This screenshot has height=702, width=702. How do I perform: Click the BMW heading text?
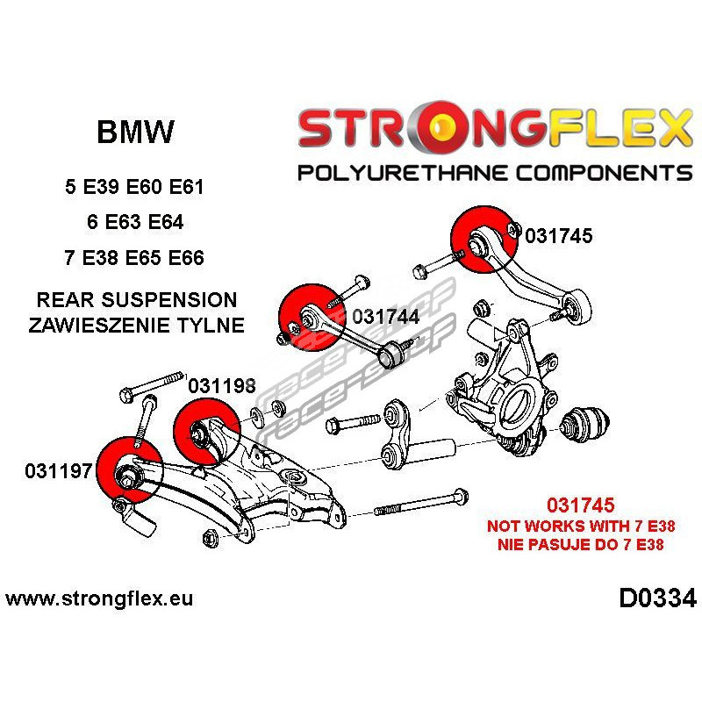tap(134, 133)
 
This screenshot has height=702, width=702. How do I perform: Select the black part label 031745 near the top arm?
tap(559, 235)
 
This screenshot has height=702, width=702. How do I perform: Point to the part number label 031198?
tap(222, 384)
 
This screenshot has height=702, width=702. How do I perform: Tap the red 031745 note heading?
tap(580, 506)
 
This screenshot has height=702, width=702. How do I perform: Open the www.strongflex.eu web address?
tap(99, 600)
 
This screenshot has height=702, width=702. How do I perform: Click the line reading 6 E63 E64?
tap(135, 222)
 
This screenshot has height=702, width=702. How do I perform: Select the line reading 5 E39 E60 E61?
tap(135, 188)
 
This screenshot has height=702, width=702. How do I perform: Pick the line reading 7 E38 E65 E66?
tap(135, 258)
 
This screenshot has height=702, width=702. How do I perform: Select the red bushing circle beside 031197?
tap(126, 474)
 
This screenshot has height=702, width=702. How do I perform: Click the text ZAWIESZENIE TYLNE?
tap(136, 325)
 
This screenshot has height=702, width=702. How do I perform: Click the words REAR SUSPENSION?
tap(136, 301)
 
